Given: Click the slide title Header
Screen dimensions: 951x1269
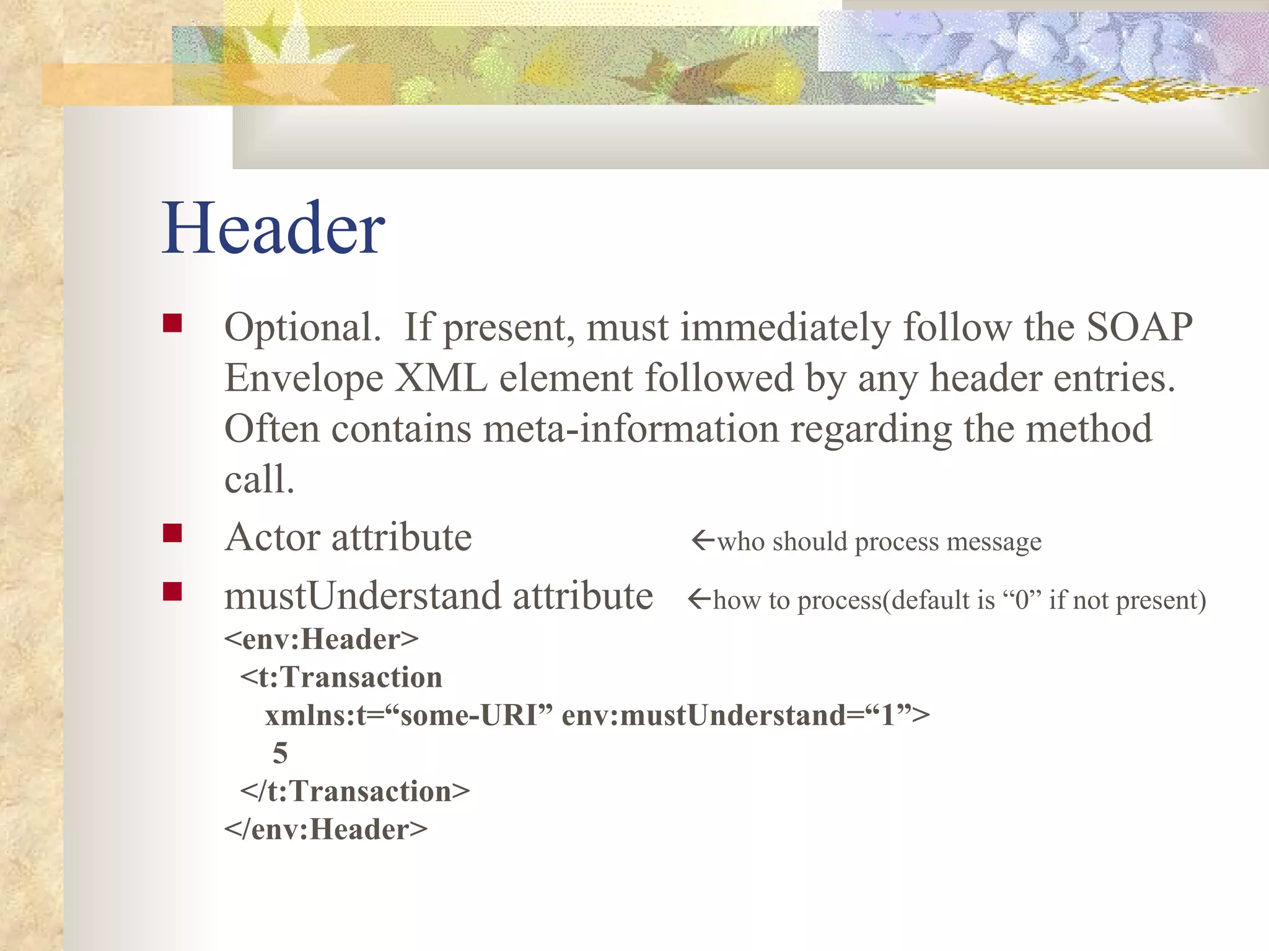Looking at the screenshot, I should point(273,229).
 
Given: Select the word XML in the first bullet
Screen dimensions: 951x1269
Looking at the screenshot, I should point(441,378).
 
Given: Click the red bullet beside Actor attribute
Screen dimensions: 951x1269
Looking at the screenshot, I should point(172,534).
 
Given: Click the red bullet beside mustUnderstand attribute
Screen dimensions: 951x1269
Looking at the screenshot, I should point(172,592).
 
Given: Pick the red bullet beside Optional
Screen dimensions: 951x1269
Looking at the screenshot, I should point(172,324).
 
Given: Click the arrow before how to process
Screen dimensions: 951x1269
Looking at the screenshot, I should point(700,599).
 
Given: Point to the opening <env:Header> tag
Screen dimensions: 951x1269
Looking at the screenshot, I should point(321,640).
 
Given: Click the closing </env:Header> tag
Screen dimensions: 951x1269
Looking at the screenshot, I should point(325,830).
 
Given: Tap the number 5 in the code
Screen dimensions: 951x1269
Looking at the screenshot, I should point(280,753).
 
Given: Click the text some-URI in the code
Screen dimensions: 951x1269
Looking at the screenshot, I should point(468,716).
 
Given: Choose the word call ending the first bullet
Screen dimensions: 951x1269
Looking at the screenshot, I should point(258,480).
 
